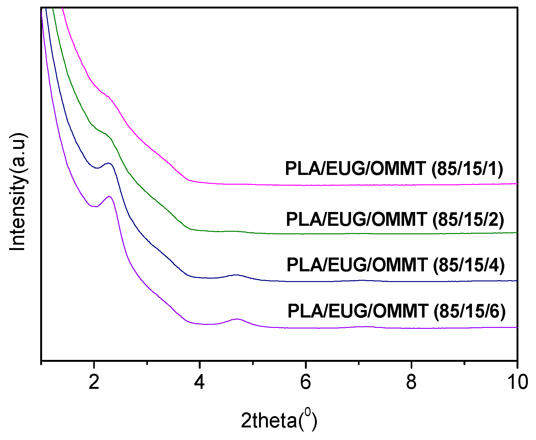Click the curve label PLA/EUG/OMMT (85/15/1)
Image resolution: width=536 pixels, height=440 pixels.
tap(394, 169)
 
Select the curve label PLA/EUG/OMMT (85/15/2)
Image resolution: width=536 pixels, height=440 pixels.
tap(395, 219)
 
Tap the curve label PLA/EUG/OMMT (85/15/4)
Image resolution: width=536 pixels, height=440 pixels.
tap(395, 265)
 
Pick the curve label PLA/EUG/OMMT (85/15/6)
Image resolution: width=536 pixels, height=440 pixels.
tap(396, 311)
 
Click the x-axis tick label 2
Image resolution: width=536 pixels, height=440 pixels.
tap(94, 383)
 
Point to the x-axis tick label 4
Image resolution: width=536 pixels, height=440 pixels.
tap(200, 383)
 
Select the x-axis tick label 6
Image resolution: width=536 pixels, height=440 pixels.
tap(306, 383)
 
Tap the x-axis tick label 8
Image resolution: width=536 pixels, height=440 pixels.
tap(411, 383)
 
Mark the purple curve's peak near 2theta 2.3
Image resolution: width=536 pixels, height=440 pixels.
tap(109, 196)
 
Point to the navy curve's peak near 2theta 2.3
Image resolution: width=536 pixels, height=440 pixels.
tap(109, 163)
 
